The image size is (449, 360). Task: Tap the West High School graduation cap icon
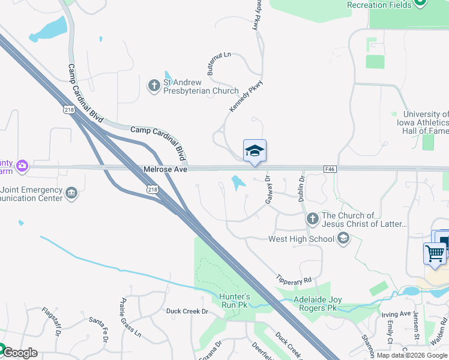(x=343, y=239)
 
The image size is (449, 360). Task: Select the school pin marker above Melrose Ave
(x=255, y=152)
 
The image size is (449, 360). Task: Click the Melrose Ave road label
(x=166, y=170)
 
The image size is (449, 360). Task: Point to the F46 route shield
(x=329, y=170)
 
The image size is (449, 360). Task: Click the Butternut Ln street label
(x=218, y=63)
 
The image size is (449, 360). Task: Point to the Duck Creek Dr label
(x=187, y=311)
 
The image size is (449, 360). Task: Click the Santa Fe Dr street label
(x=97, y=331)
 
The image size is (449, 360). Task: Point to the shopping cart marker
(x=435, y=253)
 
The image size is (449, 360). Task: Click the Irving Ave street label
(x=396, y=314)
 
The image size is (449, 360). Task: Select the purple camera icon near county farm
(x=22, y=165)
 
